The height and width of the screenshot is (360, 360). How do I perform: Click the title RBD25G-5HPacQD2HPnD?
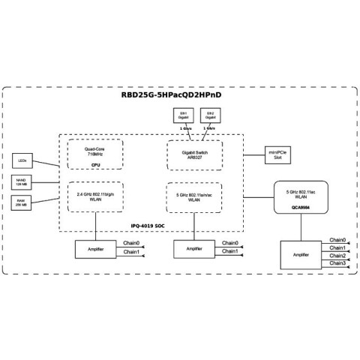point(180,96)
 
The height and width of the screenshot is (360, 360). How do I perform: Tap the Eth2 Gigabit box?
point(211,115)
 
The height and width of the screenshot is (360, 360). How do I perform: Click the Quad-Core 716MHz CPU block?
point(95,154)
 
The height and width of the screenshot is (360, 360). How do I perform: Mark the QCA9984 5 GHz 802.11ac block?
point(304,196)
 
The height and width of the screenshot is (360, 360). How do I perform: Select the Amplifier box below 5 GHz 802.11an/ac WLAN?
point(193,248)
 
